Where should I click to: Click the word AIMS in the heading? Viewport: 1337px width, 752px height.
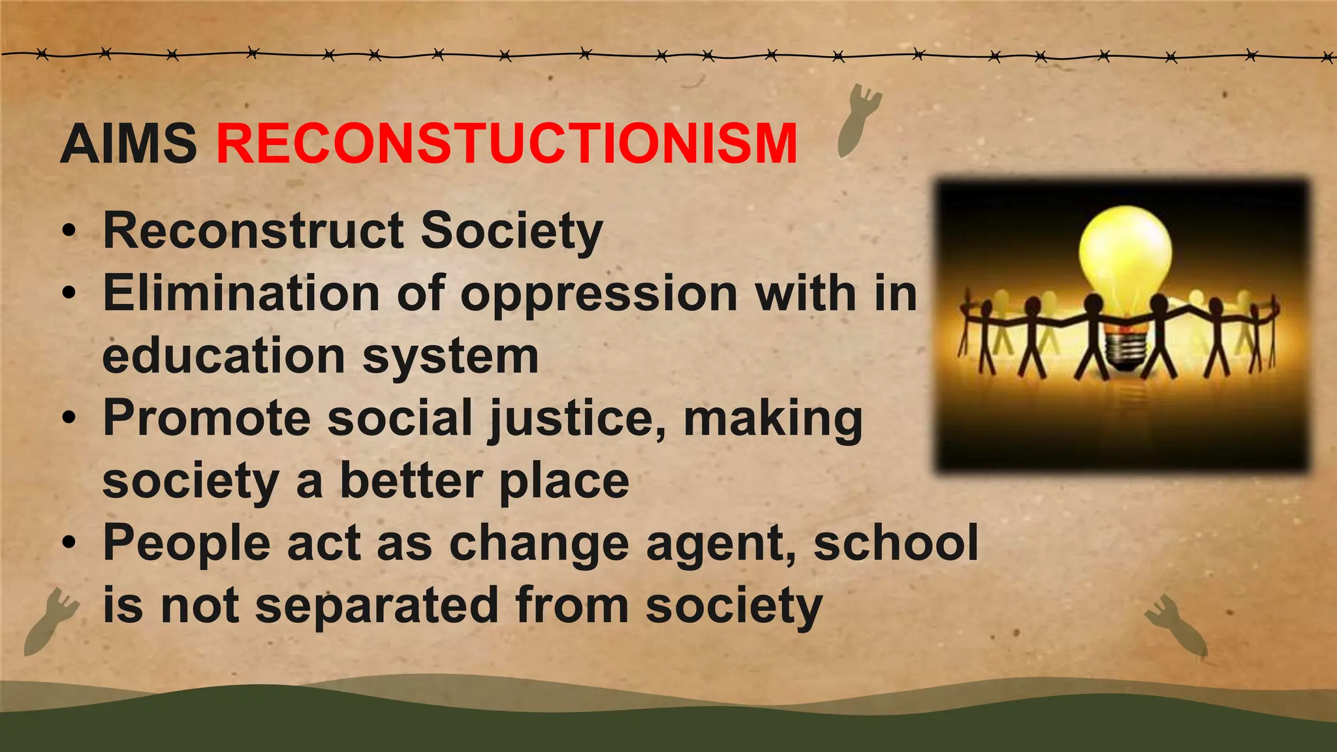point(128,144)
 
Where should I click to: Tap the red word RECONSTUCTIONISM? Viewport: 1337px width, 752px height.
point(507,144)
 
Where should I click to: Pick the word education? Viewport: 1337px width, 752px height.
point(223,356)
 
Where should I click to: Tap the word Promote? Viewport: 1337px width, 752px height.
point(206,418)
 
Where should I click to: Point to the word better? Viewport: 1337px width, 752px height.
point(410,481)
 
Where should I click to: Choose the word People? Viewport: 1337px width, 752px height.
point(187,543)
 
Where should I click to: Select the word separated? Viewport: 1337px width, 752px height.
point(377,606)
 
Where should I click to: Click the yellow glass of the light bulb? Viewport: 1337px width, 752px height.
point(1124,251)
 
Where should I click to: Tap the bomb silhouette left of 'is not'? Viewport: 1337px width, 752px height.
point(50,620)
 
